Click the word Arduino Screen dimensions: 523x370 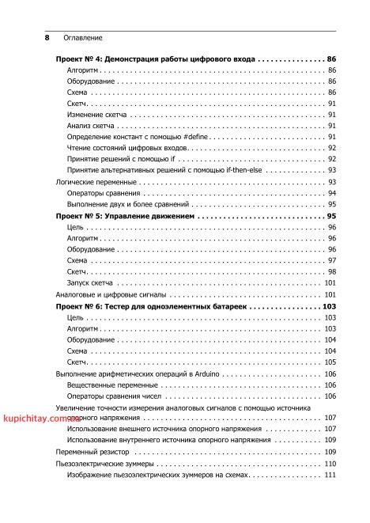(206, 373)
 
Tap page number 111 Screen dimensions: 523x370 (330, 474)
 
